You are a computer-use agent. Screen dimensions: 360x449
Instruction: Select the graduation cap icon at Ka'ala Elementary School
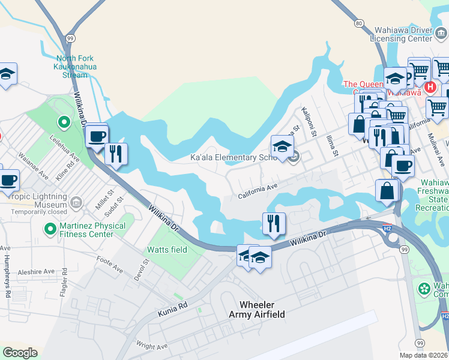(x=282, y=146)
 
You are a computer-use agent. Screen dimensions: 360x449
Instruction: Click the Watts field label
(x=167, y=250)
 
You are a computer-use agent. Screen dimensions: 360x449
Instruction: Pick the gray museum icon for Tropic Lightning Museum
(x=76, y=202)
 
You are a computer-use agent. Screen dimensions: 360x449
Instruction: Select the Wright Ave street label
(x=152, y=346)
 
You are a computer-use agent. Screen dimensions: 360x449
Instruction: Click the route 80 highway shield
(x=359, y=23)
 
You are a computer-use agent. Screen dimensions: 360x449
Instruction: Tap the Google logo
(x=20, y=353)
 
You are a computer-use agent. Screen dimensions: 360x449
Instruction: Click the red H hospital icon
(x=430, y=88)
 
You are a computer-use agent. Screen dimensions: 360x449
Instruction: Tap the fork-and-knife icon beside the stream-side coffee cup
(x=116, y=153)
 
